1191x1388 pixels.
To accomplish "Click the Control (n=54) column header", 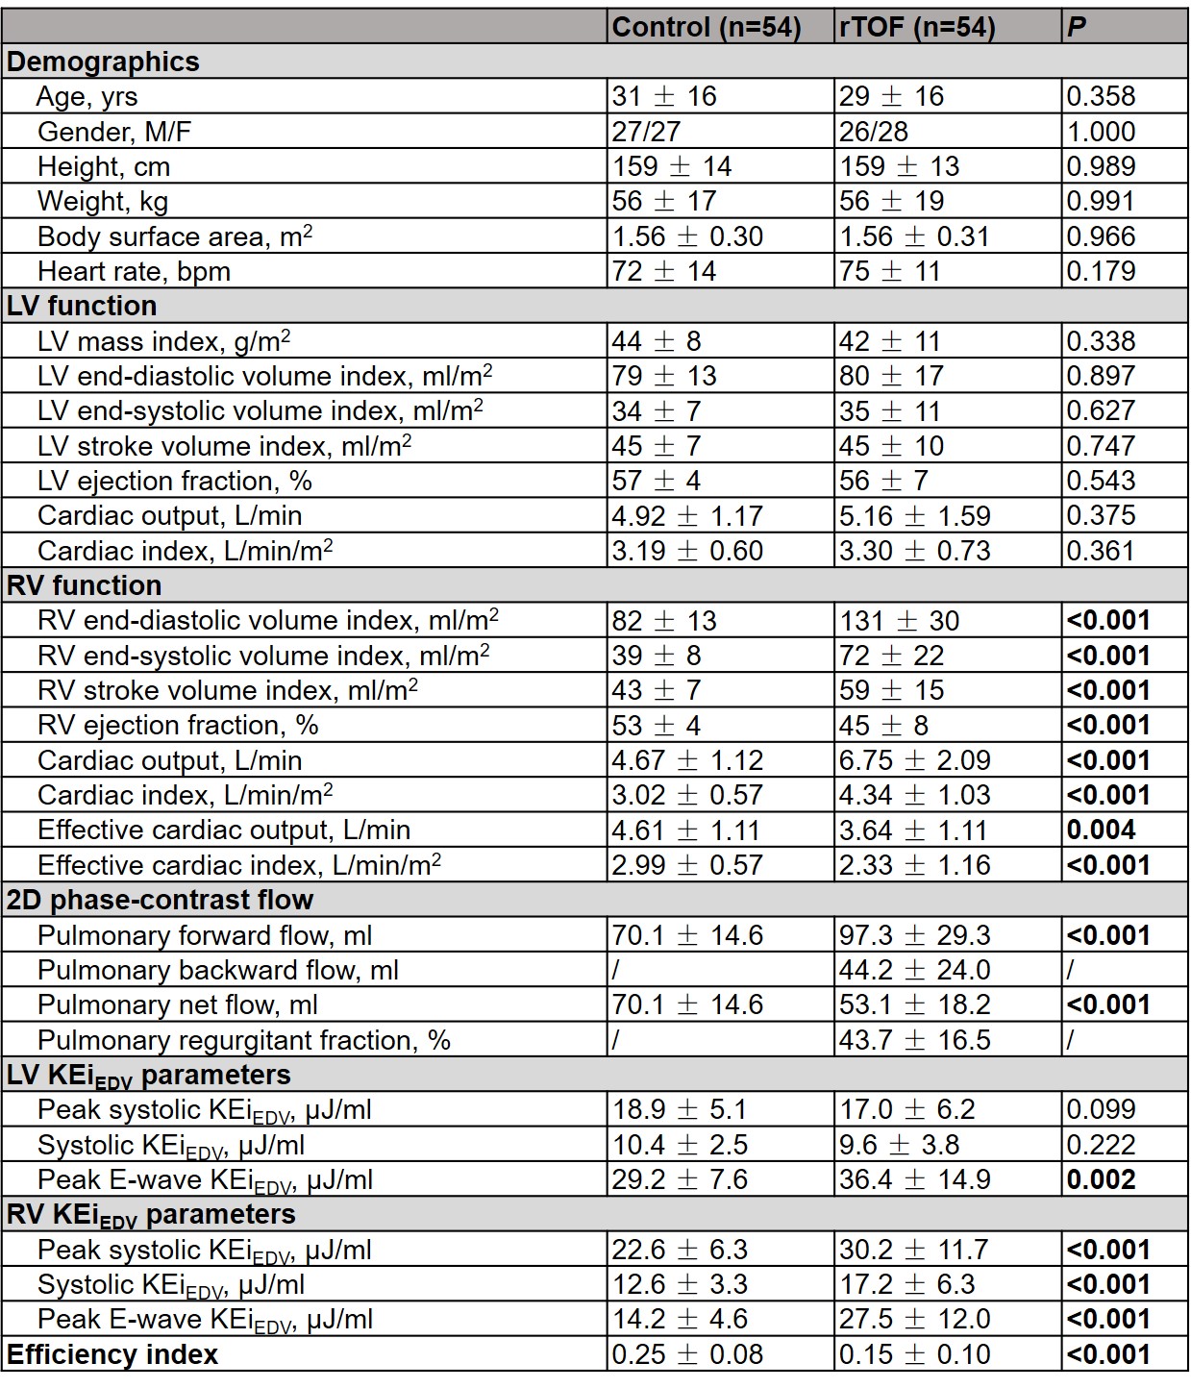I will coord(707,27).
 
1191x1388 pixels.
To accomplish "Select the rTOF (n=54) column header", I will coord(917,27).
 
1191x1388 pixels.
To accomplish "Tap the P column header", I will coord(1077,27).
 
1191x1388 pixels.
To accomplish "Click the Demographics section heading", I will coord(103,62).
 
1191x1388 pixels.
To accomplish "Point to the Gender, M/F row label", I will coord(114,132).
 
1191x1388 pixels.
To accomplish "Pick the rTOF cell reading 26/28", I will coord(873,132).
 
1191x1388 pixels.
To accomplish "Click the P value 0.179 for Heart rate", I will coord(1101,272).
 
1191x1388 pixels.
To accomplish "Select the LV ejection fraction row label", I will coord(174,481).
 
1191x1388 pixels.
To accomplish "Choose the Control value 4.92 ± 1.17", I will coord(687,516).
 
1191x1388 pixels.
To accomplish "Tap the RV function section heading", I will coord(85,585).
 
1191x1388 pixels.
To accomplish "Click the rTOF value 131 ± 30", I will coord(899,621).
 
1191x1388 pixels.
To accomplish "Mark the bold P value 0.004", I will coord(1101,830).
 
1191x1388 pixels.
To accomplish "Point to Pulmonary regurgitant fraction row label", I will coord(243,1040).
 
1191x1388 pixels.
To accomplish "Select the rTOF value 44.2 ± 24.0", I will coord(914,971).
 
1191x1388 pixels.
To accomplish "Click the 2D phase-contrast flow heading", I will coord(160,900).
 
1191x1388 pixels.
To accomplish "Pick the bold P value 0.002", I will coord(1101,1180).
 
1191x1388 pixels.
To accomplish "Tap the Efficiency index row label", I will coord(112,1355).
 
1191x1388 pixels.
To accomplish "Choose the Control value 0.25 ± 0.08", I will coord(687,1355).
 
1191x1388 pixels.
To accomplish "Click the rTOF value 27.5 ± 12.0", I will coord(914,1320).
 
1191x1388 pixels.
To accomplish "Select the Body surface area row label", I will coord(174,236).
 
